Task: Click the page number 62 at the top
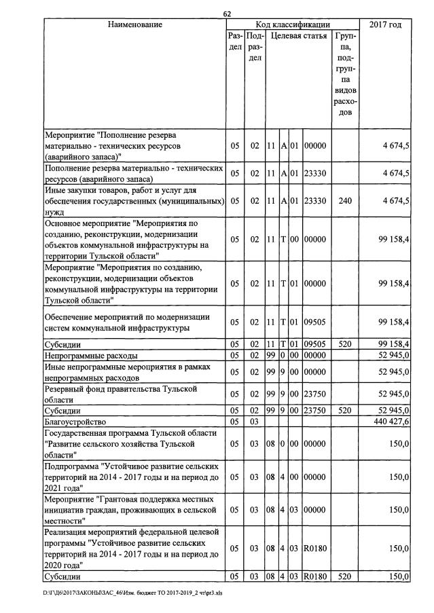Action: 227,14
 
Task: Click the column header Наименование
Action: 134,25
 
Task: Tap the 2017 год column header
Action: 385,25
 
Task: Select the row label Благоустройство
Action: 73,421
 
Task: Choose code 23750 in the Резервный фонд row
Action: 315,394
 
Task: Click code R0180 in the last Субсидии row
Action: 315,577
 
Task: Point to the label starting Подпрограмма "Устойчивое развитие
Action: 130,477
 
